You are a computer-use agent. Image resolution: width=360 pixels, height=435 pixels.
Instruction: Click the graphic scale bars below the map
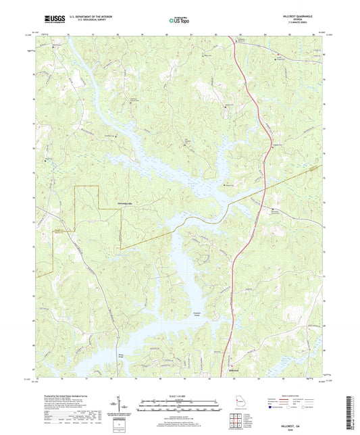pyautogui.click(x=179, y=407)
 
